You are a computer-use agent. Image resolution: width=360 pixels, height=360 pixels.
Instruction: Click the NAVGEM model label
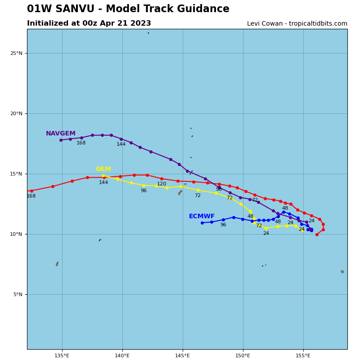[x=61, y=134]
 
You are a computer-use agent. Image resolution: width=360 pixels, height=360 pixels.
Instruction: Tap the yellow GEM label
[x=103, y=169]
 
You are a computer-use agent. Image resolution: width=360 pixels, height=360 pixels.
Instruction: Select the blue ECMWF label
[x=202, y=216]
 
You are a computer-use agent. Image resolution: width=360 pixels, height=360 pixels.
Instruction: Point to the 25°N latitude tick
[x=16, y=53]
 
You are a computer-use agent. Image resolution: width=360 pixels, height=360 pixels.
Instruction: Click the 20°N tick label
[x=16, y=113]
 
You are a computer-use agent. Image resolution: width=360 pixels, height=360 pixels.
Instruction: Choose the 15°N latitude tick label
[x=16, y=174]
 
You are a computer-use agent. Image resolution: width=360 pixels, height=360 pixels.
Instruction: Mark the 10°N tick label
[x=16, y=234]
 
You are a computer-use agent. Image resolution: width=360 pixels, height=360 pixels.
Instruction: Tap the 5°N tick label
[x=18, y=294]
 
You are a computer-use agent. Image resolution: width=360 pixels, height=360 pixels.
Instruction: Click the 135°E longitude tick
[x=62, y=356]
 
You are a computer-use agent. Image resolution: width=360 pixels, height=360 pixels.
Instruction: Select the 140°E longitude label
[x=122, y=356]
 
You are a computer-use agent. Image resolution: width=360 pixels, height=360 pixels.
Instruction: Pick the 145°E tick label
[x=183, y=356]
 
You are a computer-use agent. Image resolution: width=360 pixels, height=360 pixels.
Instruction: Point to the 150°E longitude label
[x=243, y=356]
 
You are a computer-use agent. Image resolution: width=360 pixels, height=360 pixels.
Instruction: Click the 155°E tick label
[x=303, y=356]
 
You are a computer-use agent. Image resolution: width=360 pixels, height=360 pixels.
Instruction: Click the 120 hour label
[x=162, y=184]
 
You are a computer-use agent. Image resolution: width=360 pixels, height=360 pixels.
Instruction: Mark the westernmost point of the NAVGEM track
[x=61, y=140]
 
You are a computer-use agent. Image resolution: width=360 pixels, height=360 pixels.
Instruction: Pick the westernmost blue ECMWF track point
[x=202, y=223]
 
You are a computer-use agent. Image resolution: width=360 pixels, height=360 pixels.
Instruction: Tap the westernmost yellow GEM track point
[x=103, y=176]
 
